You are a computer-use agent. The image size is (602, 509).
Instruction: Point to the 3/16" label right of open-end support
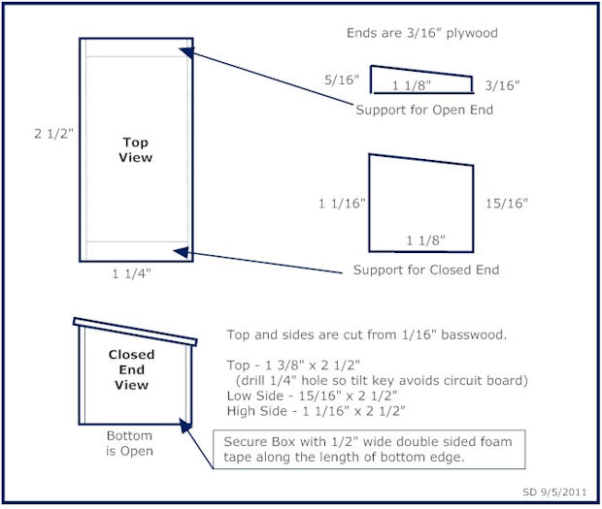pos(502,85)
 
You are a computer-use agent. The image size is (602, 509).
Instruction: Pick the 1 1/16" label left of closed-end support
pos(341,204)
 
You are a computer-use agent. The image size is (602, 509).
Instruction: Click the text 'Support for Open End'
pos(424,110)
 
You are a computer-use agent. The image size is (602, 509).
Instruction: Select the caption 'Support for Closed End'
pos(425,270)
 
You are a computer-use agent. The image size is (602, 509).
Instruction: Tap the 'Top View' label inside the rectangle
pos(136,149)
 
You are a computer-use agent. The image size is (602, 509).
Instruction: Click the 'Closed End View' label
pos(131,369)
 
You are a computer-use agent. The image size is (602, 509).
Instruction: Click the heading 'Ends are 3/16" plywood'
pos(421,33)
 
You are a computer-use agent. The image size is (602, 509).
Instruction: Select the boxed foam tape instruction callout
pos(370,449)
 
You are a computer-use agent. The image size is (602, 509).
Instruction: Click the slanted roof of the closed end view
pos(136,330)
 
